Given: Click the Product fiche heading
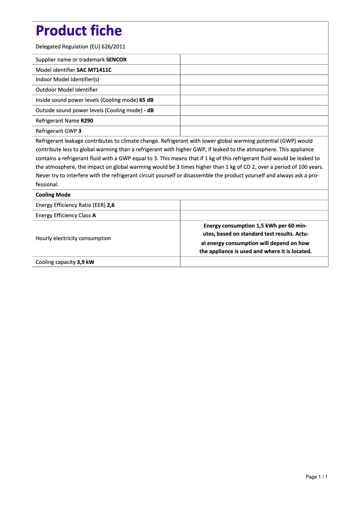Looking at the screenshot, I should click(79, 31).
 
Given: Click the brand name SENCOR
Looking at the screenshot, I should click(116, 59).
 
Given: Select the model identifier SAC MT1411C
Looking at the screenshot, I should click(94, 70).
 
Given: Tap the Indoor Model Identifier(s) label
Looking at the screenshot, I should click(67, 79).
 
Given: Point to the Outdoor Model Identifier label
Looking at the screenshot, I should click(66, 90).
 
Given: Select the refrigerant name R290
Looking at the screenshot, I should click(87, 121).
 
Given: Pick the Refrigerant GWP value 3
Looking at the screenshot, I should click(80, 131).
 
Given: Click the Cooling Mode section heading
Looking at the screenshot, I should click(53, 195).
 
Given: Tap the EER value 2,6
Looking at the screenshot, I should click(111, 205).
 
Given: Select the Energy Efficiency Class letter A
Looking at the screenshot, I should click(94, 215).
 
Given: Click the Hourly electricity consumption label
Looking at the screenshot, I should click(73, 238).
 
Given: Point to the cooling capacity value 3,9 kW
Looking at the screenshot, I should click(85, 262).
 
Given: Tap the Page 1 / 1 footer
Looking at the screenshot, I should click(316, 477).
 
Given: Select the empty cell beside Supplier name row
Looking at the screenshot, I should click(254, 59).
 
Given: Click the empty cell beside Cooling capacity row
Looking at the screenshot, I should click(254, 262).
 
